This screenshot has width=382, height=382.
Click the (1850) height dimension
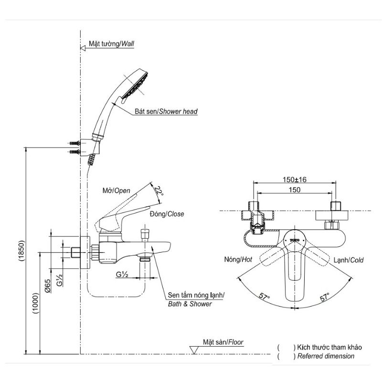pyautogui.click(x=21, y=251)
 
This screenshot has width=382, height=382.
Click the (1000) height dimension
pyautogui.click(x=35, y=303)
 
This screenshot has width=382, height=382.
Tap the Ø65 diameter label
pyautogui.click(x=47, y=286)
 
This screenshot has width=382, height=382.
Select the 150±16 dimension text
pyautogui.click(x=294, y=180)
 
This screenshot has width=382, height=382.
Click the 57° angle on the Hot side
pyautogui.click(x=264, y=297)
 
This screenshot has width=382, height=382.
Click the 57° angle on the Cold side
pyautogui.click(x=325, y=297)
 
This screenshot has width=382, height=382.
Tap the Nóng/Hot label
pyautogui.click(x=238, y=259)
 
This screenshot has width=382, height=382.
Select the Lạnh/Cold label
pyautogui.click(x=349, y=260)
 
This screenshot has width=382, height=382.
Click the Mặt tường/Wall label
pyautogui.click(x=111, y=43)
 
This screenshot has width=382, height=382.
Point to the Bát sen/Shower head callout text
pyautogui.click(x=166, y=111)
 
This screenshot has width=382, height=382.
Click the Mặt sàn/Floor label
pyautogui.click(x=223, y=342)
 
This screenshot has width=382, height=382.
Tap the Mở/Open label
pyautogui.click(x=116, y=191)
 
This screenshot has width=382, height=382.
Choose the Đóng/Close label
pyautogui.click(x=167, y=214)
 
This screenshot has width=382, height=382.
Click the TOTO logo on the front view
pyautogui.click(x=295, y=240)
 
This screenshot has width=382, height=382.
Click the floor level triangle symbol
pyautogui.click(x=194, y=350)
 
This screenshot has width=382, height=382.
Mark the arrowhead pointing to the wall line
pyautogui.click(x=83, y=48)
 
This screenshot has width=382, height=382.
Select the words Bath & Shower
pyautogui.click(x=190, y=304)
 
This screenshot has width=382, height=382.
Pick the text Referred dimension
pyautogui.click(x=326, y=356)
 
